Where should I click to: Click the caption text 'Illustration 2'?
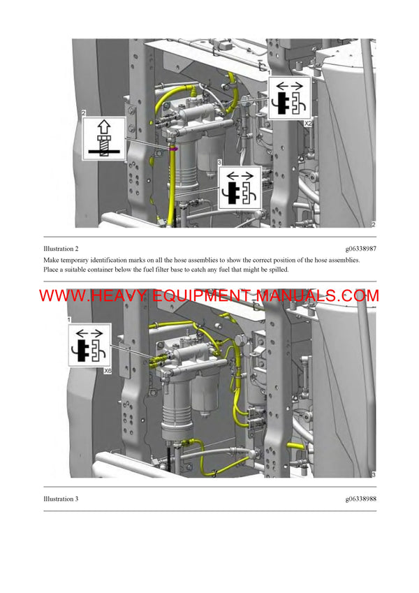point(61,249)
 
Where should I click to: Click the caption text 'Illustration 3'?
point(61,499)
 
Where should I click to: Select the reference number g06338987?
point(360,249)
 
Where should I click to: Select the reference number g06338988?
point(360,499)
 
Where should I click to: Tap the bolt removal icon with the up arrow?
point(105,138)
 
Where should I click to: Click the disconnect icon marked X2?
point(290,98)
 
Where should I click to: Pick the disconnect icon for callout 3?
point(240,188)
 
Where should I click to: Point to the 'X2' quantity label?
point(307,122)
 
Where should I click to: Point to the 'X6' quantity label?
point(108,372)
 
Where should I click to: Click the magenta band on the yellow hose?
point(172,148)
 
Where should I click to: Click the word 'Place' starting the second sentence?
point(53,270)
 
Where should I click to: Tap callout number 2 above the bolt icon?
point(84,113)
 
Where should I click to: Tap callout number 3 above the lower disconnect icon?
point(221,161)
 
